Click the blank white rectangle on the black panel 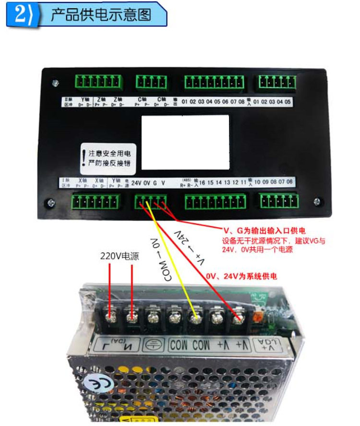(x=185, y=142)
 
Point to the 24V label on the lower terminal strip (x=137, y=183)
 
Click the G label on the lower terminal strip (x=155, y=183)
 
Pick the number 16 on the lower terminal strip (x=203, y=183)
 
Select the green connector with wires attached (x=151, y=201)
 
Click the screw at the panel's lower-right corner (x=316, y=202)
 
